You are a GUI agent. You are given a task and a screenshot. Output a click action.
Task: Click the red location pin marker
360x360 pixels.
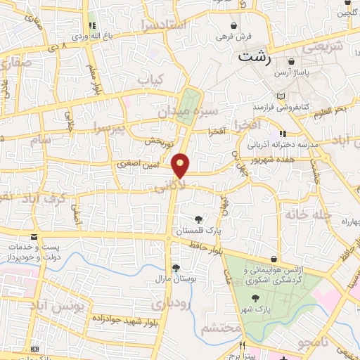pyautogui.click(x=181, y=165)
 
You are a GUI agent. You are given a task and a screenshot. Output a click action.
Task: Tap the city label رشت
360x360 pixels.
pyautogui.click(x=255, y=58)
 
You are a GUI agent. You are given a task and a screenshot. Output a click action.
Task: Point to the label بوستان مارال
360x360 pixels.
pyautogui.click(x=175, y=279)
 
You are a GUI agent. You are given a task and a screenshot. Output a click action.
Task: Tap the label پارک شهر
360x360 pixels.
pyautogui.click(x=258, y=309)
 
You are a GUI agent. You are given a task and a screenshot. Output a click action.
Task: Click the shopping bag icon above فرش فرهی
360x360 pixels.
pyautogui.click(x=233, y=25)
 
